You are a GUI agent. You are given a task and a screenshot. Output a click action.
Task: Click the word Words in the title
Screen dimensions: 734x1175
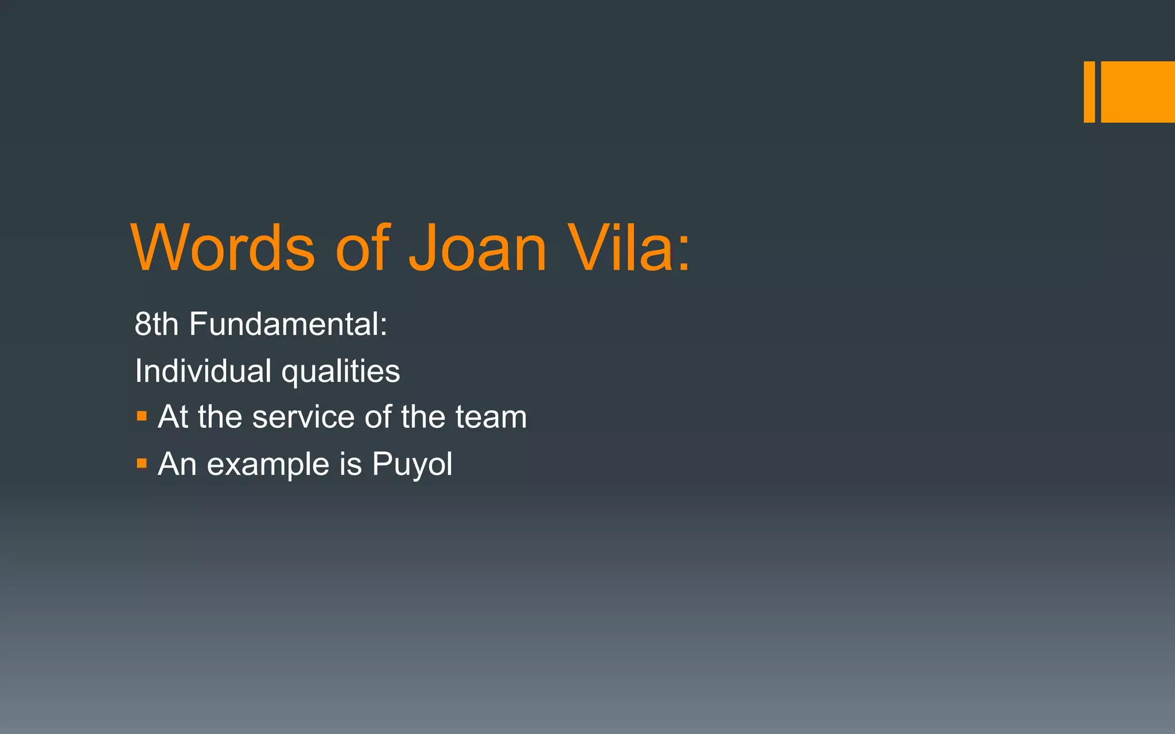223,248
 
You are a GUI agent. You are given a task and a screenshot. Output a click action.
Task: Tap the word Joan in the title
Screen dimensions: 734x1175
477,248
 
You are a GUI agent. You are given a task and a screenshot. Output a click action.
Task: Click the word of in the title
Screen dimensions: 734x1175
363,248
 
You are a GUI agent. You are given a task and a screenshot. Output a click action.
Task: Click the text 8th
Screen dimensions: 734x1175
156,324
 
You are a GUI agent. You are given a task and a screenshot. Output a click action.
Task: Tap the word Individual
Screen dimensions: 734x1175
203,371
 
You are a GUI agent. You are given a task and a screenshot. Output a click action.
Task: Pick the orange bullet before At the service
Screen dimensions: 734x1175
142,416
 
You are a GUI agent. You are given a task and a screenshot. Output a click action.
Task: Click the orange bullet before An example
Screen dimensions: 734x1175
142,463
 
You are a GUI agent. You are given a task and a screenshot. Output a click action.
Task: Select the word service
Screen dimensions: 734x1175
304,417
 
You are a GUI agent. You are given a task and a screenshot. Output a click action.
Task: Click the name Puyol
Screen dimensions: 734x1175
412,464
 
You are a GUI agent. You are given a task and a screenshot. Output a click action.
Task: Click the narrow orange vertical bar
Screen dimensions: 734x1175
1089,92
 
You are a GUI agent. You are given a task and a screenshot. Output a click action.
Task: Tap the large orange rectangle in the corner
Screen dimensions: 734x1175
1138,92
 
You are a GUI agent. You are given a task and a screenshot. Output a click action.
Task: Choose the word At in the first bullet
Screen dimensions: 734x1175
173,417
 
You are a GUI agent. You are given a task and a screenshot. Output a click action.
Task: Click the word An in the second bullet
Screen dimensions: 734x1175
177,464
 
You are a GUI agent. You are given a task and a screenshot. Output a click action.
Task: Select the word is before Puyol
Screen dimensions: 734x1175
351,464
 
